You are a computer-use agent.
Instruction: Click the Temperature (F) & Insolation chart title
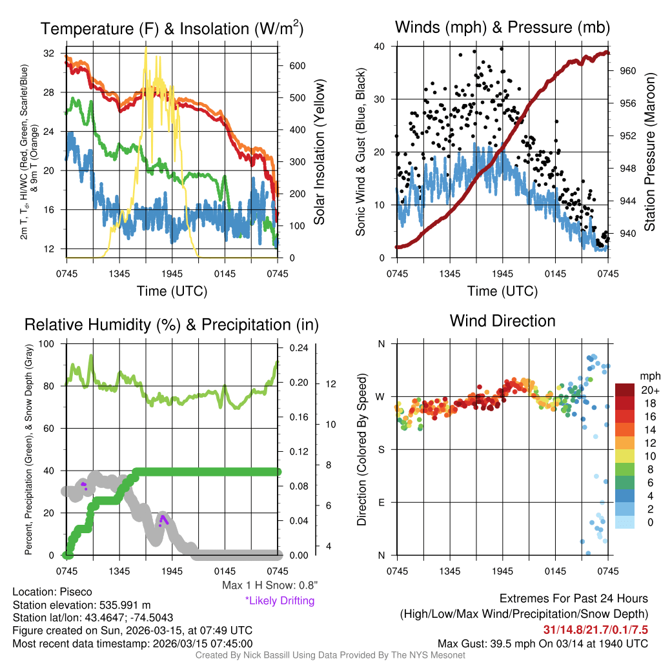tap(172, 29)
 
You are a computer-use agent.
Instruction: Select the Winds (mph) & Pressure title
tap(502, 27)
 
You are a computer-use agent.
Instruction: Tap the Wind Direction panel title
tap(502, 321)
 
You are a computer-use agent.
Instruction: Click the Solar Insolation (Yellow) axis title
tap(320, 152)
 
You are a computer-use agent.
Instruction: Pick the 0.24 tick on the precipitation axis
tap(299, 348)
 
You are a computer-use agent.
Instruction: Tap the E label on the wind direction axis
tap(381, 502)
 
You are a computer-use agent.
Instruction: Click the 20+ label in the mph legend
tap(648, 391)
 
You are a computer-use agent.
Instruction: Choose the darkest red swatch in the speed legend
tap(625, 391)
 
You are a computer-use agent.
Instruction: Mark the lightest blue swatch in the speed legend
tap(625, 522)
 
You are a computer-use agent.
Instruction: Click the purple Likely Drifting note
tap(280, 601)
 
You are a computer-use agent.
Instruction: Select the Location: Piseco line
tap(52, 592)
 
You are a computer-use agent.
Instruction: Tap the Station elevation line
tap(81, 605)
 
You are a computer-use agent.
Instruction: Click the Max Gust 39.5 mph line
tap(542, 644)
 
